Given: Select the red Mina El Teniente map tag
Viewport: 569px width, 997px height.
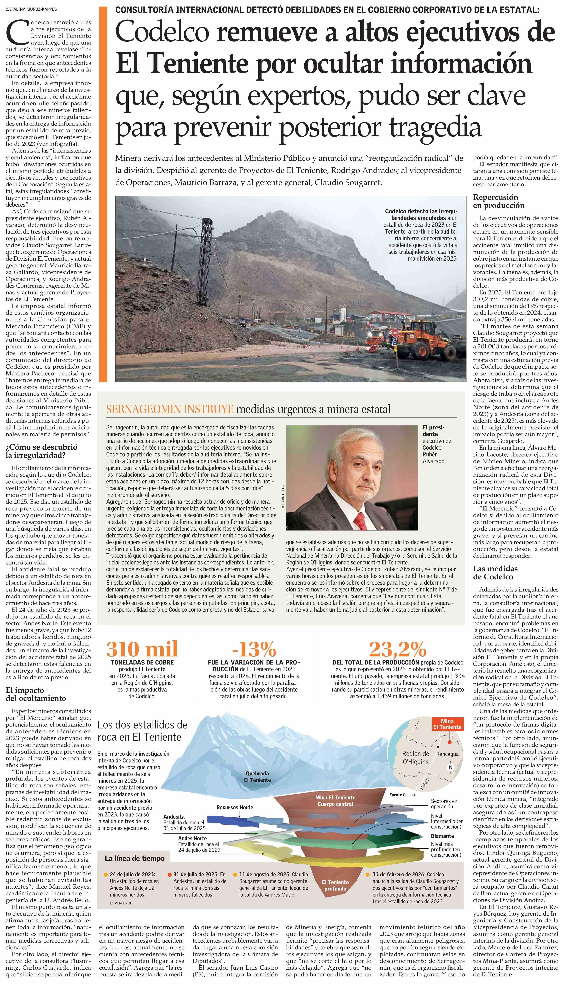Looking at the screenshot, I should pyautogui.click(x=447, y=724).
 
